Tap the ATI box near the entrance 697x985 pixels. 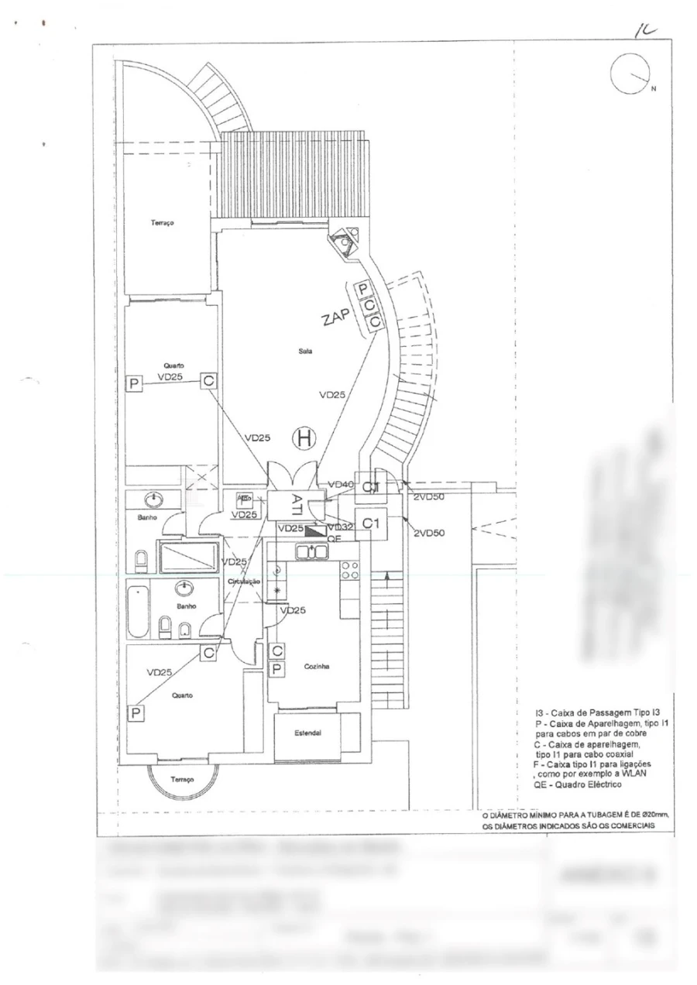coord(297,503)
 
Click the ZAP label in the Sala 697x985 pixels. coord(338,314)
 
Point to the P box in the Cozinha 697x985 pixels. coord(277,668)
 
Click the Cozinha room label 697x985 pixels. coord(318,666)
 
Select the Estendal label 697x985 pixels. coord(307,733)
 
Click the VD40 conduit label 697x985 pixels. coord(341,485)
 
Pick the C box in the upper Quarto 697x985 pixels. coord(208,380)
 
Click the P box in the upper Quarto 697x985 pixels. coord(134,383)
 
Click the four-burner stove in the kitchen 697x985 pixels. coord(349,571)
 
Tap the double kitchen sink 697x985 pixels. coord(313,551)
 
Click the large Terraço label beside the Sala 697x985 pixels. coord(163,222)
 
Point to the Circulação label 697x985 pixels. coord(244,581)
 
